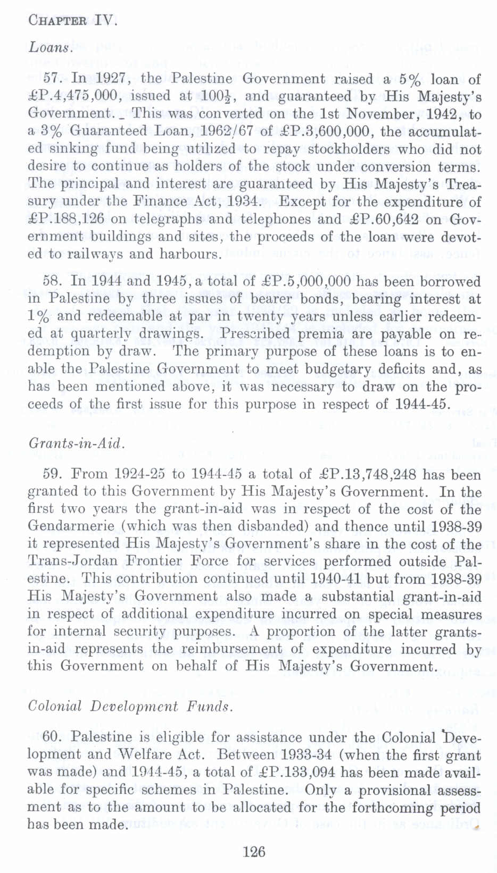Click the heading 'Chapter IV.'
[72, 21]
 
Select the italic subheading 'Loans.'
[50, 48]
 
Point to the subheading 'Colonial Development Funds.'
[130, 707]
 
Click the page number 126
[253, 852]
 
